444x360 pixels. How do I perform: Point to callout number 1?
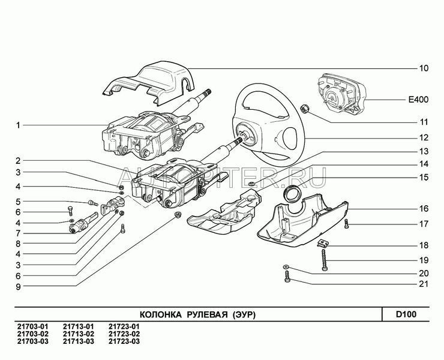coord(19,125)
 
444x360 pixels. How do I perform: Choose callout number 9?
coord(19,286)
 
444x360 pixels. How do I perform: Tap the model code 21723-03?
coord(124,341)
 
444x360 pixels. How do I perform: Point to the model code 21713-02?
coord(76,334)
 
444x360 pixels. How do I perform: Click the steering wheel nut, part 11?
coord(304,109)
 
